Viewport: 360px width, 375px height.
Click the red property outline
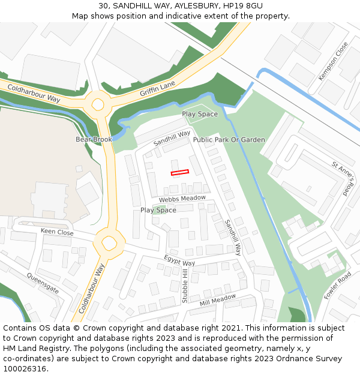coord(180,173)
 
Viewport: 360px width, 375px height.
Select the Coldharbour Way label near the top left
coord(34,93)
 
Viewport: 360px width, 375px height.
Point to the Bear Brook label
coord(94,139)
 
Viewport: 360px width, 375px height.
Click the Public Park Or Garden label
coord(229,140)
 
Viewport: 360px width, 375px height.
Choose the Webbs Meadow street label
coord(182,199)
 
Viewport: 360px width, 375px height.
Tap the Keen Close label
coord(57,232)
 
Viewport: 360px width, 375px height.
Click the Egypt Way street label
coord(179,260)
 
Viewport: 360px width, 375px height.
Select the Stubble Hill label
coord(185,286)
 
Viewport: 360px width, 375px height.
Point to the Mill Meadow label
coord(218,300)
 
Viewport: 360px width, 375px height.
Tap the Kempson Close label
coord(333,61)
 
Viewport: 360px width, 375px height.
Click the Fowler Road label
coord(337,286)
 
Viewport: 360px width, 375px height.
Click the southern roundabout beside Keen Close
coord(109,243)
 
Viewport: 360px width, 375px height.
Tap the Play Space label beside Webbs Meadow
coord(158,210)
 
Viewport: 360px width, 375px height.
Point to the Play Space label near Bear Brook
coord(200,114)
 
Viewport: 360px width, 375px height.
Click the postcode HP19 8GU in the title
coord(236,5)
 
